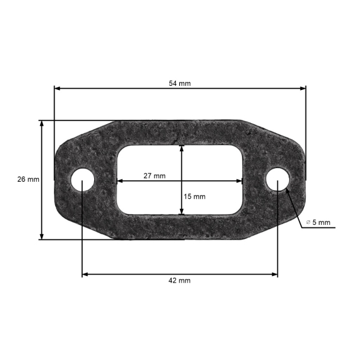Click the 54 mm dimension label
pyautogui.click(x=180, y=83)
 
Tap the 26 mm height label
pyautogui.click(x=28, y=179)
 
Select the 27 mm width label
pyautogui.click(x=155, y=176)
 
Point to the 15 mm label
pyautogui.click(x=194, y=197)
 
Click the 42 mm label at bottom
pyautogui.click(x=179, y=281)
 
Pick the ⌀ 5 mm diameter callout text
pyautogui.click(x=319, y=222)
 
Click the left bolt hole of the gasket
pyautogui.click(x=83, y=180)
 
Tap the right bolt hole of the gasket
pyautogui.click(x=278, y=179)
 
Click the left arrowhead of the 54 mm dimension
pyautogui.click(x=58, y=88)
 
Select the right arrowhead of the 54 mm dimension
pyautogui.click(x=303, y=88)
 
